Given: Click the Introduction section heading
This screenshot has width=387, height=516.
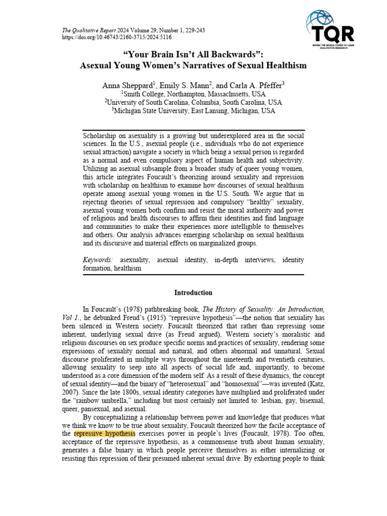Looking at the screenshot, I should click(193, 292).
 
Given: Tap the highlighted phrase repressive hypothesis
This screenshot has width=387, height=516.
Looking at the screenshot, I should click(104, 433).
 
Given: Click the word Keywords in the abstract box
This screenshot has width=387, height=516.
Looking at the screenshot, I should click(98, 260).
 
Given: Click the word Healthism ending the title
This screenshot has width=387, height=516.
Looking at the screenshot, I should click(285, 66).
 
